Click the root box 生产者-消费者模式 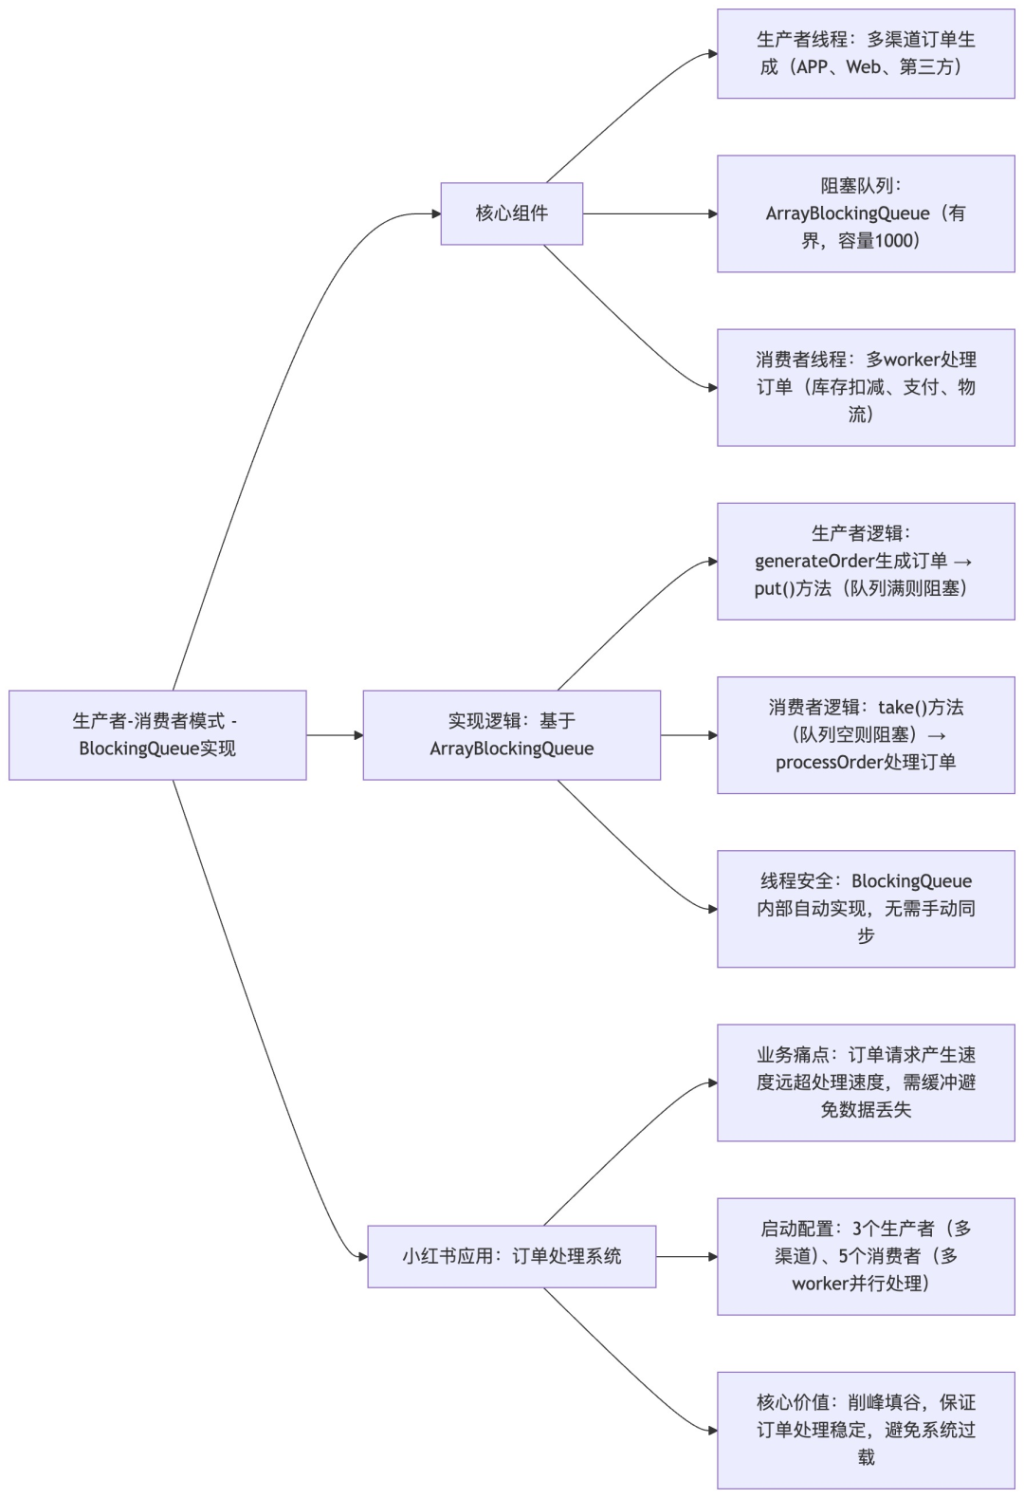point(157,735)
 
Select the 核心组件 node point(511,213)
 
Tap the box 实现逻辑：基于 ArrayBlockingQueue point(511,735)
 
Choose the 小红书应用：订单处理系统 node point(511,1256)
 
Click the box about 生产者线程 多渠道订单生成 point(866,53)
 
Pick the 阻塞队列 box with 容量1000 point(866,213)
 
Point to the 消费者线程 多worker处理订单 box point(866,387)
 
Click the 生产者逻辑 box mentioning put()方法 point(866,562)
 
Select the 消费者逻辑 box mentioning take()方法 point(866,735)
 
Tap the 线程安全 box point(866,909)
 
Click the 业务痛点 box point(866,1082)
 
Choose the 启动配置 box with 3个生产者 point(866,1256)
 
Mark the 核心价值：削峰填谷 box point(866,1430)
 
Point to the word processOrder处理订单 point(866,763)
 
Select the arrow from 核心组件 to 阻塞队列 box point(649,213)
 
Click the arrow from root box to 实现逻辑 point(335,735)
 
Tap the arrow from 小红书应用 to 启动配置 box point(686,1256)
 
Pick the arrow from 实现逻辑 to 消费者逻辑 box point(688,735)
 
